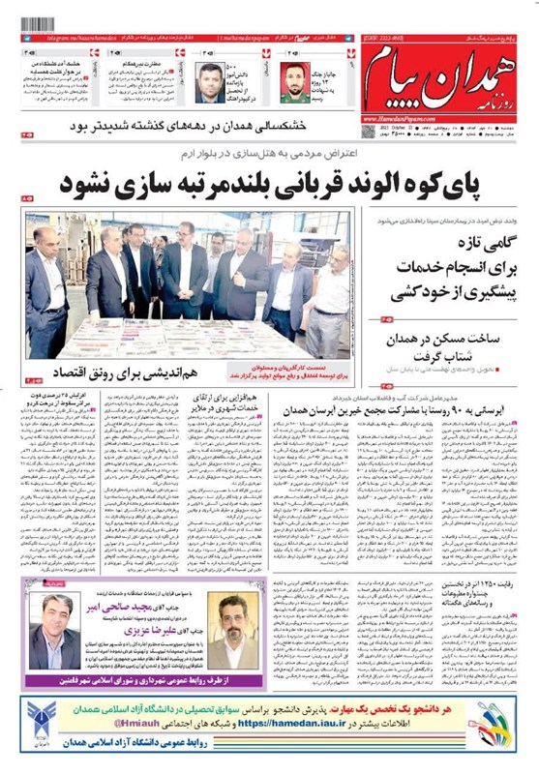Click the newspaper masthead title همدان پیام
pos(440,88)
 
